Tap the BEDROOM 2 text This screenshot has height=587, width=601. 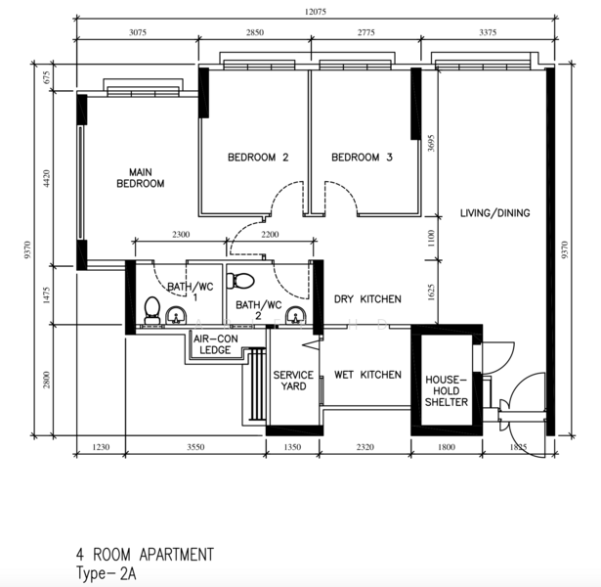point(258,158)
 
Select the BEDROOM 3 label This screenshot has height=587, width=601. point(361,158)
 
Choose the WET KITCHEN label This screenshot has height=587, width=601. point(367,375)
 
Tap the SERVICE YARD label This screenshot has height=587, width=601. point(293,381)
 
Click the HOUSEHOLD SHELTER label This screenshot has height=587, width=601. point(446,390)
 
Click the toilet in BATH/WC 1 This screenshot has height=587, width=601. point(151,309)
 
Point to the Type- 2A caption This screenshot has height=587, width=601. point(107,574)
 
